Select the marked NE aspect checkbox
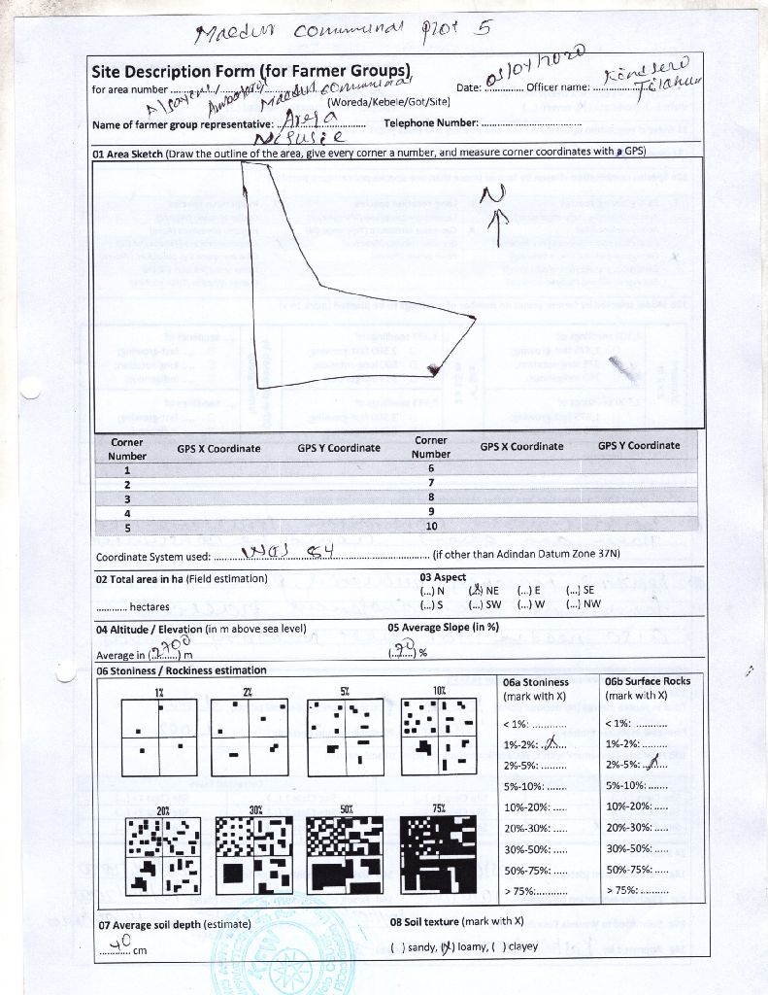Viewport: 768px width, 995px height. (x=476, y=590)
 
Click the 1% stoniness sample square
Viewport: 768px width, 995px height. (x=159, y=738)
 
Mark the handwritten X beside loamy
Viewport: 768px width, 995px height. (x=447, y=947)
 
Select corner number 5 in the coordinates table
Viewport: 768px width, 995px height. (x=127, y=526)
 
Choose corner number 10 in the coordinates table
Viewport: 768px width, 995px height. (x=430, y=526)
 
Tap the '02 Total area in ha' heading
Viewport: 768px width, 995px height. (x=182, y=578)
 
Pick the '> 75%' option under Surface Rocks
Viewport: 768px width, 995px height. (x=636, y=889)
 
